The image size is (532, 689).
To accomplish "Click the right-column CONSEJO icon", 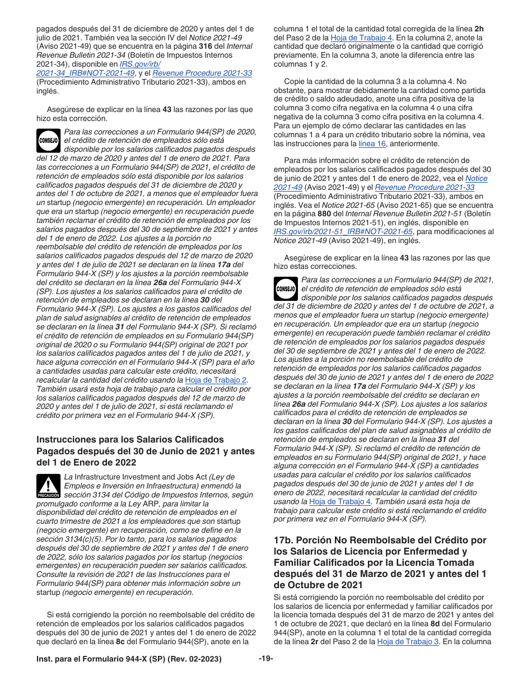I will pos(286,290).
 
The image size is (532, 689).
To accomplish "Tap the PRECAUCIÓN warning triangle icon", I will pos(49,486).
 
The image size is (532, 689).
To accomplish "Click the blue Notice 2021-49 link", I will pos(477,178).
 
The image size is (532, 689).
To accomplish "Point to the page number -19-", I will pos(265,659).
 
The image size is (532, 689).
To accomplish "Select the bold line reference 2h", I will pos(479,29).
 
